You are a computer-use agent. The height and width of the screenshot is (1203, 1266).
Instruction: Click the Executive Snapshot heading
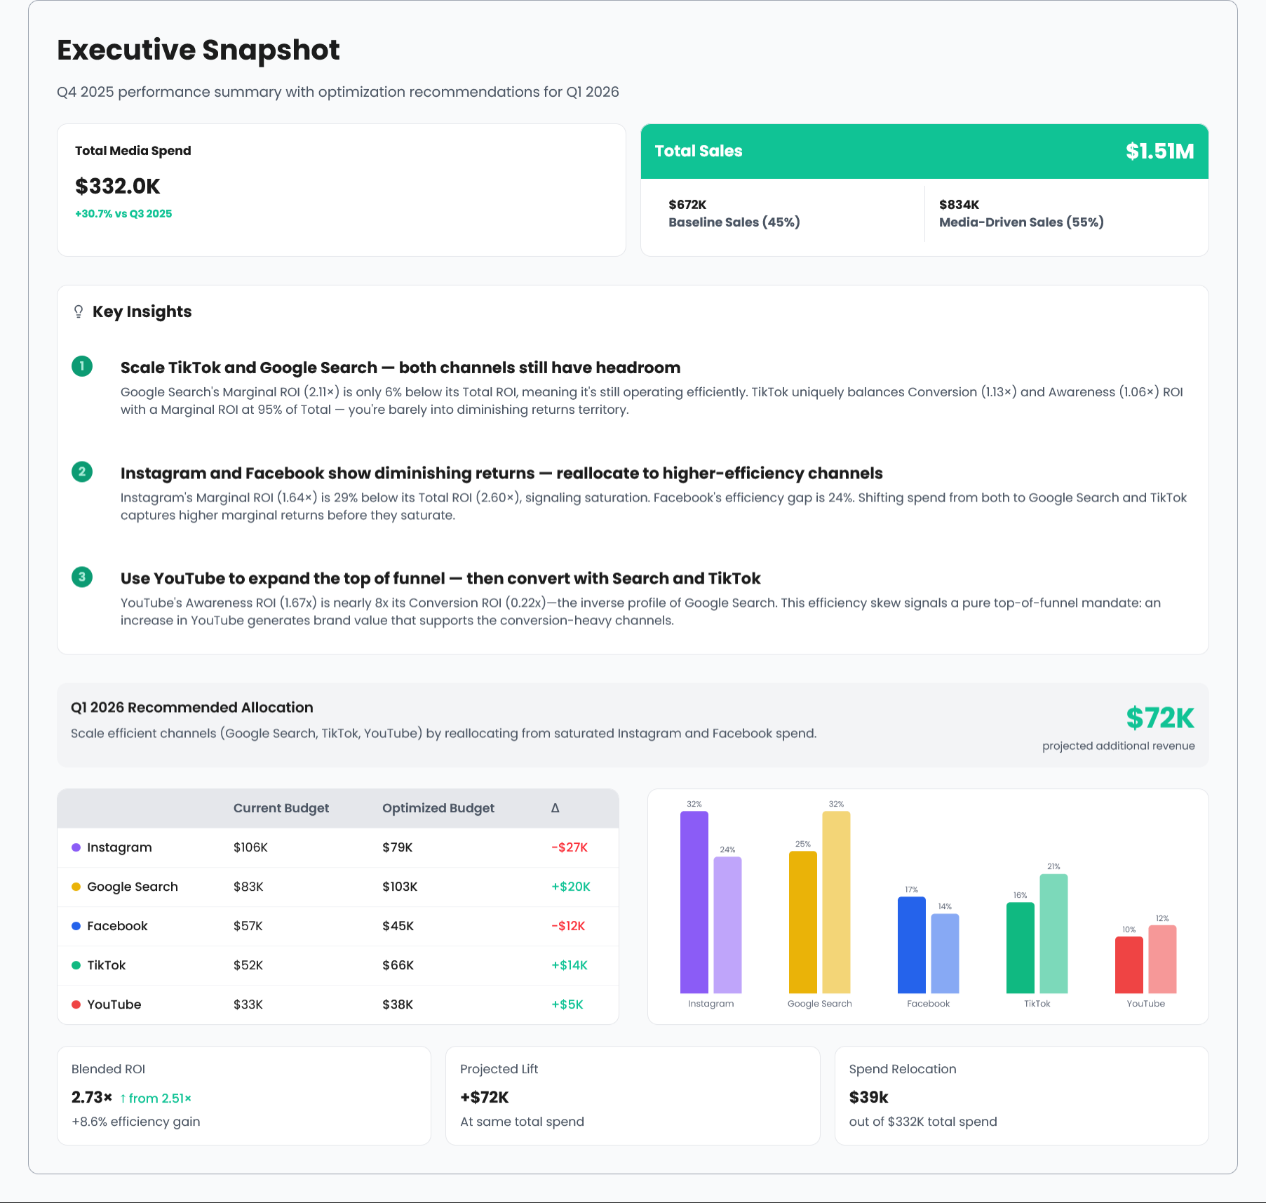point(198,51)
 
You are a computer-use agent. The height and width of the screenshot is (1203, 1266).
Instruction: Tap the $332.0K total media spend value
point(118,187)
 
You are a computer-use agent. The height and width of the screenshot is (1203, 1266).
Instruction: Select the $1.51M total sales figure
point(1159,152)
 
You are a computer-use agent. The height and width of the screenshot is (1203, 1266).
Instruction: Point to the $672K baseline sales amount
point(687,205)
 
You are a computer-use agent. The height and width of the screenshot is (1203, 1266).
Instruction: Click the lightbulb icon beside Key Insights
point(79,312)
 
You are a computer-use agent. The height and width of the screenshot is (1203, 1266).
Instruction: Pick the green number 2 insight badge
point(82,471)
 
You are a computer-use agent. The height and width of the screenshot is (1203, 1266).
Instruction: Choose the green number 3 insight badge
point(82,577)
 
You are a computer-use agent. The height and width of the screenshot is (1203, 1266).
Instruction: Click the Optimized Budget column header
point(438,808)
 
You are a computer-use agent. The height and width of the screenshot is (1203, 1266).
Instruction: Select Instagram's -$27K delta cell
point(569,847)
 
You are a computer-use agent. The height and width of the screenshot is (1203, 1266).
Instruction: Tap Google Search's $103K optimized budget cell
point(400,887)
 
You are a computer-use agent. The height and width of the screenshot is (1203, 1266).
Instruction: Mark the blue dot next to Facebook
point(76,926)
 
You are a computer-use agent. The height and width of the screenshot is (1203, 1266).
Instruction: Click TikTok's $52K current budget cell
point(248,965)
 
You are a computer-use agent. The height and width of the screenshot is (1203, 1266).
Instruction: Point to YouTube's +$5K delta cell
point(567,1004)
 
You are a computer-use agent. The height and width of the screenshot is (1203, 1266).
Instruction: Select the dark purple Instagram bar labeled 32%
point(694,902)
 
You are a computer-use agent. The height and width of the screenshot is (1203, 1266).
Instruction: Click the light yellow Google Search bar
point(836,902)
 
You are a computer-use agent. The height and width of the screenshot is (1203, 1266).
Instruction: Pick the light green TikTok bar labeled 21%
point(1053,934)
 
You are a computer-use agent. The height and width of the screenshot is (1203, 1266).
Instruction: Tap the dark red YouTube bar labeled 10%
point(1129,965)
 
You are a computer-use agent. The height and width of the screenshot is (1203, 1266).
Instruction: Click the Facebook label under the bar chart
point(928,1004)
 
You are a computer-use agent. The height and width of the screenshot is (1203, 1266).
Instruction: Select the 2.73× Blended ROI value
point(92,1097)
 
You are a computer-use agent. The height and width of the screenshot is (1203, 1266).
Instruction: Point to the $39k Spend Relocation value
point(868,1097)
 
